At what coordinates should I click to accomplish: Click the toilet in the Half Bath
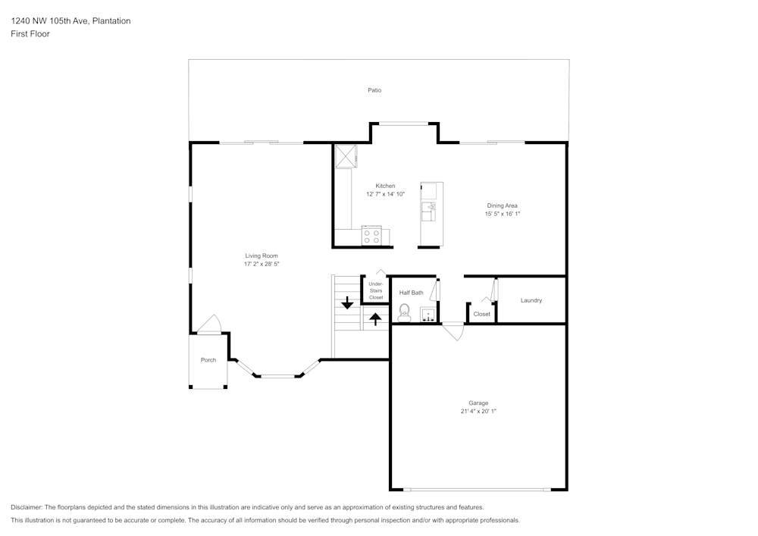[x=404, y=311]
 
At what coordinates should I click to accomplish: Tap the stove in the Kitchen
[x=371, y=237]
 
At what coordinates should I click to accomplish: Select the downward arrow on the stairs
[x=347, y=303]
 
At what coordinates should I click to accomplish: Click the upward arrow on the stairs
[x=375, y=318]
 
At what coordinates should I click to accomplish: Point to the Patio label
[x=374, y=90]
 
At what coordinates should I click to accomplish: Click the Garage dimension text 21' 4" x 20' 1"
[x=478, y=411]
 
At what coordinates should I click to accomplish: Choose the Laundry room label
[x=531, y=300]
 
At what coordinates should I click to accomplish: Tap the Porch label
[x=208, y=360]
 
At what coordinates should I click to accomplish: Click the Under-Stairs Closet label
[x=376, y=290]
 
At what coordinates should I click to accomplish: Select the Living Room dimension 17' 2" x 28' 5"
[x=262, y=265]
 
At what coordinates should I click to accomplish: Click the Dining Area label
[x=502, y=205]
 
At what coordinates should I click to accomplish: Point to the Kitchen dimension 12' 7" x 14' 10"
[x=385, y=194]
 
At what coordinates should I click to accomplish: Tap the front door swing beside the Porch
[x=210, y=324]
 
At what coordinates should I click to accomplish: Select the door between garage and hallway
[x=453, y=331]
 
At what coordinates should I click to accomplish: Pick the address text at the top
[x=70, y=21]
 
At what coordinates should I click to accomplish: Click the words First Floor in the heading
[x=30, y=34]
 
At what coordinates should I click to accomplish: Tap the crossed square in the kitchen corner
[x=345, y=155]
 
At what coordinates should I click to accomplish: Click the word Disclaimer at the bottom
[x=26, y=507]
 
